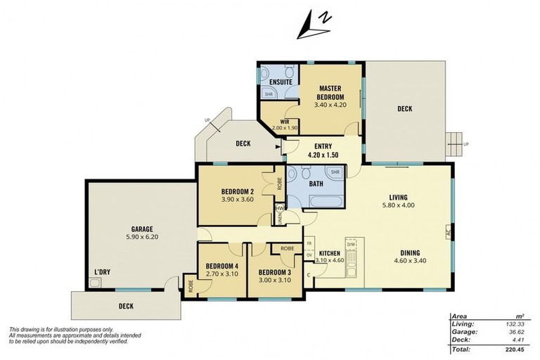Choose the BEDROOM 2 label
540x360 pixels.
[237, 195]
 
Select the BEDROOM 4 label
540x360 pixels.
[221, 269]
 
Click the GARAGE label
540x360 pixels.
[142, 233]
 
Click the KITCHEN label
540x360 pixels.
[330, 253]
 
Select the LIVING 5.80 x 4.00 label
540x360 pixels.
[404, 202]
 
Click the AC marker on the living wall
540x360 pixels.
[446, 231]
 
